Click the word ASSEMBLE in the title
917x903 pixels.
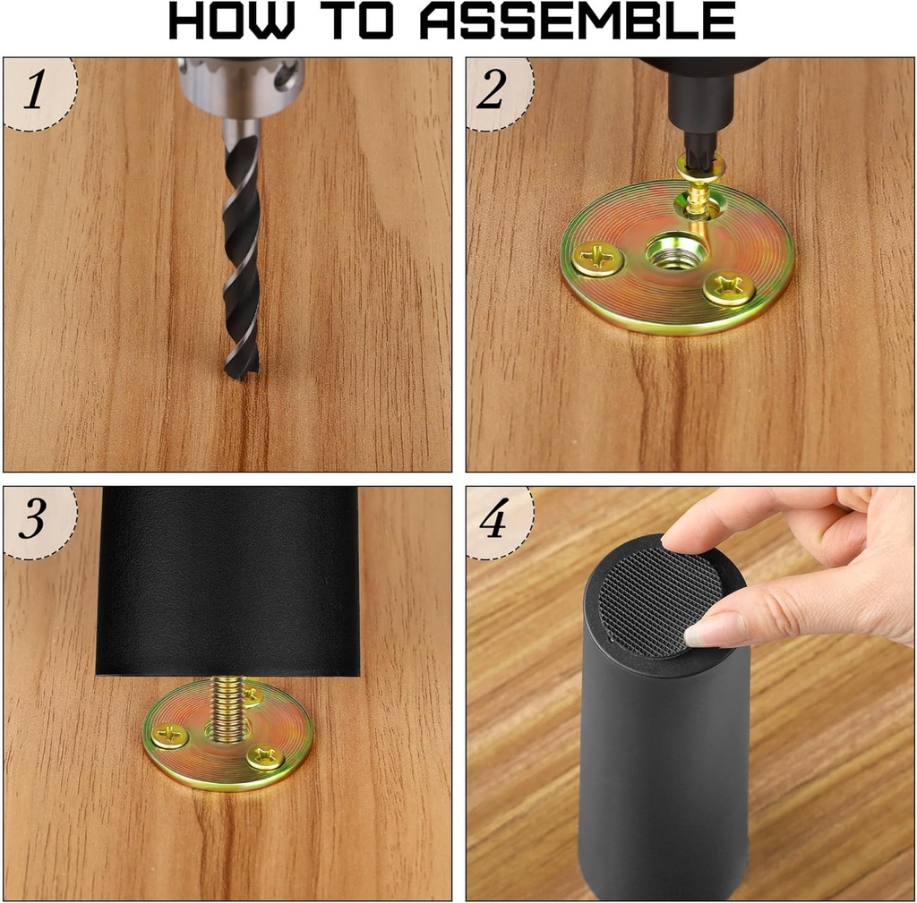click(x=578, y=21)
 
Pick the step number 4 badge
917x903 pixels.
click(x=493, y=521)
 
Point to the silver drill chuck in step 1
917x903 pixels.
click(x=241, y=86)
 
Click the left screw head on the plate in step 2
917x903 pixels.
click(x=597, y=259)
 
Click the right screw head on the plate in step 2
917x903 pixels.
click(x=728, y=288)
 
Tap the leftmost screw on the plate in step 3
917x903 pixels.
click(x=169, y=736)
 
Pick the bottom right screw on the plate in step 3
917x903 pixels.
click(x=265, y=757)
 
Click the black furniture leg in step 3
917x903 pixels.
click(x=227, y=582)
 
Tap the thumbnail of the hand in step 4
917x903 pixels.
click(x=710, y=632)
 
